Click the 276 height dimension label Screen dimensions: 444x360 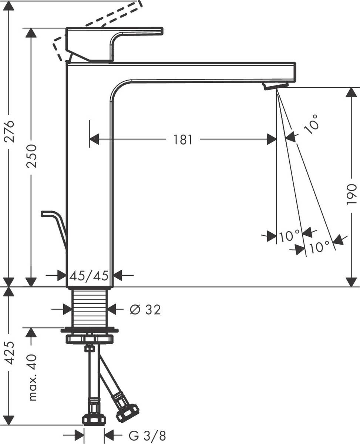(x=9, y=131)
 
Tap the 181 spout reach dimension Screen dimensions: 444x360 (x=183, y=140)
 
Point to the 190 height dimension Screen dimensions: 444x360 (x=351, y=194)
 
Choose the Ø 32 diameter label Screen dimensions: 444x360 (x=145, y=310)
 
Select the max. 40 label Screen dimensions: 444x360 (x=32, y=377)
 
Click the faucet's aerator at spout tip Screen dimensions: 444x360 (x=275, y=85)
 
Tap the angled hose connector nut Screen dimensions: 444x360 (x=127, y=413)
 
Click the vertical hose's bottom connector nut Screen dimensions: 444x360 (x=94, y=419)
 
